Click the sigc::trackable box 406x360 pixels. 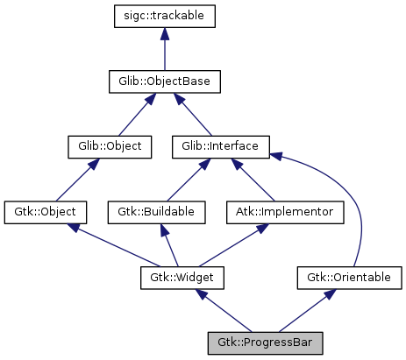(164, 16)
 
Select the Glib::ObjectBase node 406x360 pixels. (164, 81)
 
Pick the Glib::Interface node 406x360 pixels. (221, 146)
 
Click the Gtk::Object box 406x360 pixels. (46, 212)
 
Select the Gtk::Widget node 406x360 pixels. (182, 278)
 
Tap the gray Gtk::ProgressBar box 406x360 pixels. (266, 342)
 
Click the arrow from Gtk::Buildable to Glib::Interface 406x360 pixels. (188, 180)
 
